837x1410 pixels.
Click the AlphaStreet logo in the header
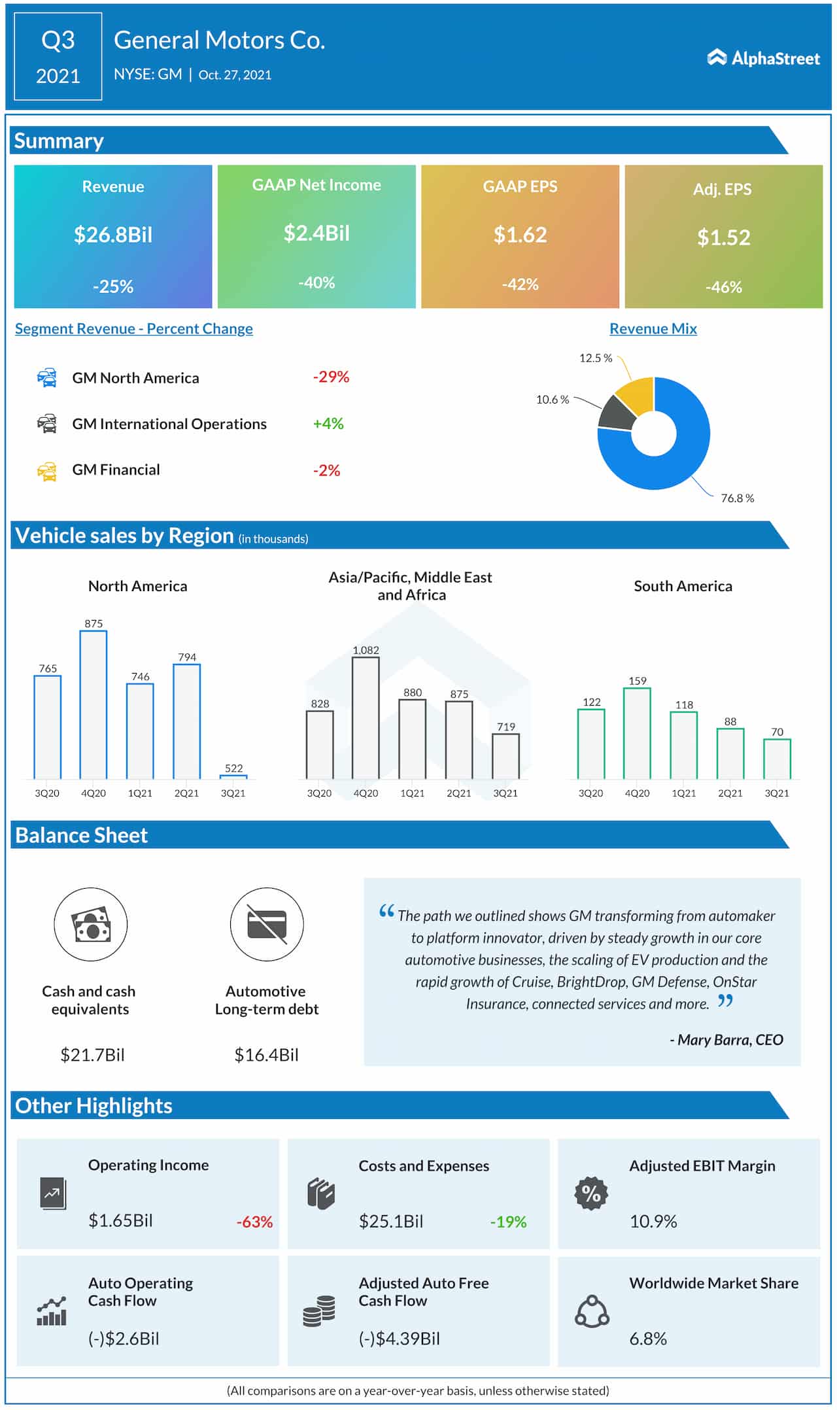pyautogui.click(x=763, y=58)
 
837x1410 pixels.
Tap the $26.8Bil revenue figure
pyautogui.click(x=112, y=235)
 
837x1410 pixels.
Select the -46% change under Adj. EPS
pyautogui.click(x=723, y=287)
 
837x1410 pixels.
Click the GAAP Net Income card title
pyautogui.click(x=316, y=185)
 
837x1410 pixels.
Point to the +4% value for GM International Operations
pyautogui.click(x=328, y=424)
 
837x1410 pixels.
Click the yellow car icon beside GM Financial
pyautogui.click(x=47, y=471)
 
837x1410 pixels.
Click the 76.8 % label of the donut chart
pyautogui.click(x=737, y=498)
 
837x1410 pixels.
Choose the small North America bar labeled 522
pyautogui.click(x=233, y=777)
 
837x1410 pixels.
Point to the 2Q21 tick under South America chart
pyautogui.click(x=730, y=793)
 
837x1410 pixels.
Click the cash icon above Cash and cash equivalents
pyautogui.click(x=90, y=924)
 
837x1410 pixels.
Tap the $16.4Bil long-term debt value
pyautogui.click(x=266, y=1055)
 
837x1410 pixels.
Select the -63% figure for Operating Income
pyautogui.click(x=254, y=1222)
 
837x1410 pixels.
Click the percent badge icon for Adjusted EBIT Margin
pyautogui.click(x=591, y=1194)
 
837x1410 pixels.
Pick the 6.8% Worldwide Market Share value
pyautogui.click(x=648, y=1339)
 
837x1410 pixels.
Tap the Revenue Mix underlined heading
pyautogui.click(x=653, y=329)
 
